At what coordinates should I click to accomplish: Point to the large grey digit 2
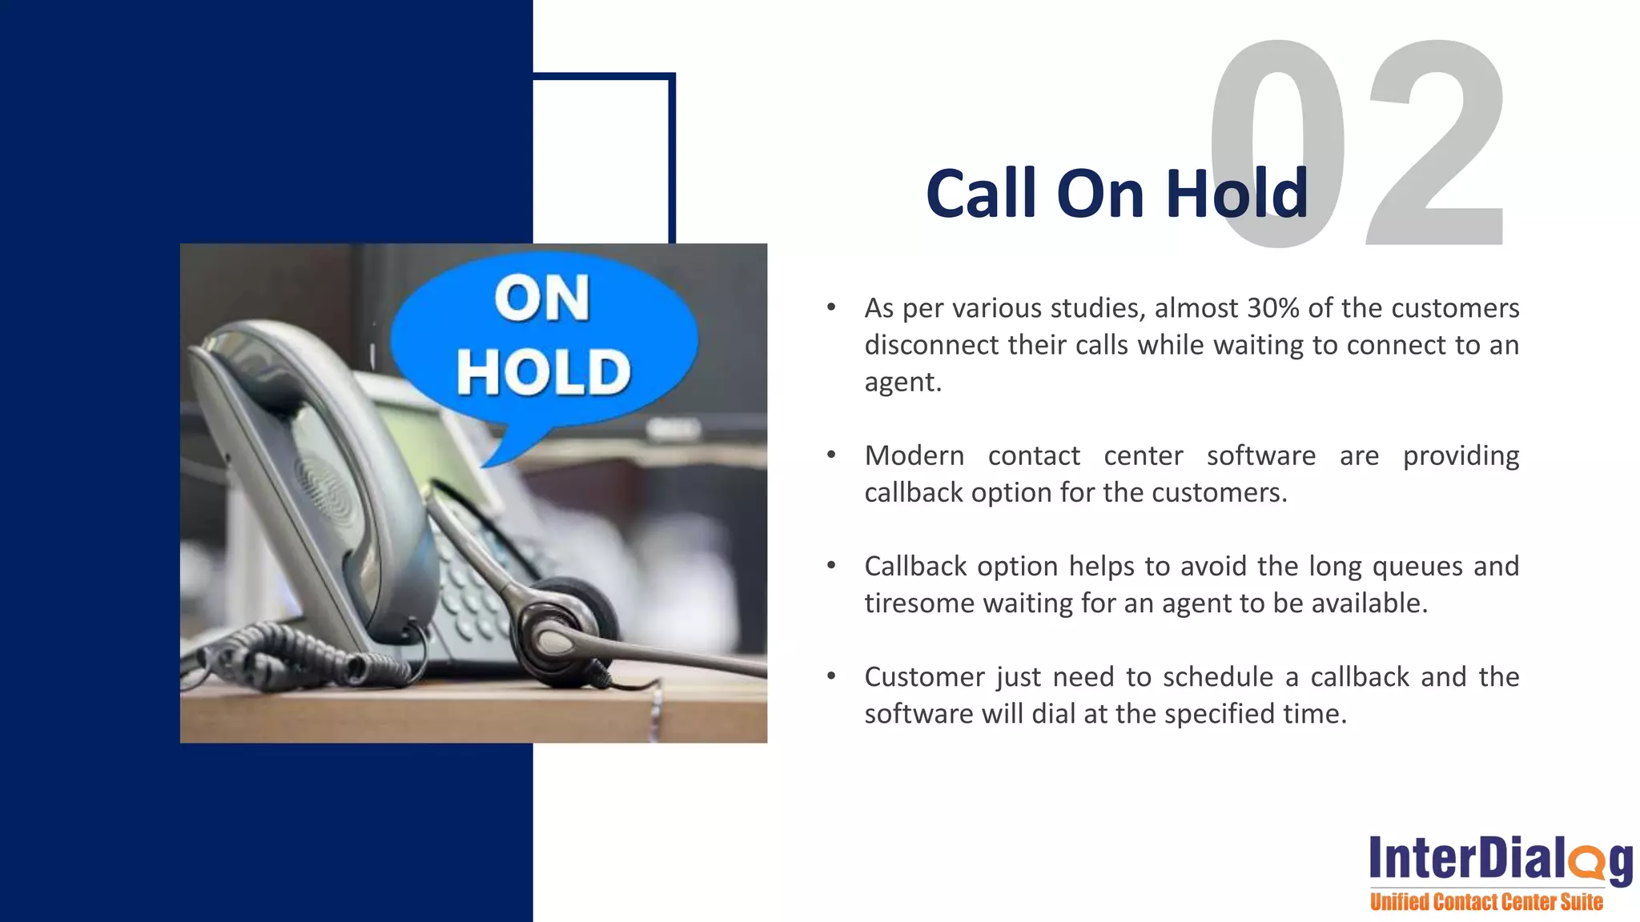tap(1437, 144)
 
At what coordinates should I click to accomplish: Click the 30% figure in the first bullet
tap(1272, 308)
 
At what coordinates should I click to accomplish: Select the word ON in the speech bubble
tap(542, 299)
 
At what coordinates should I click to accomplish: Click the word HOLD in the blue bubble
tap(544, 372)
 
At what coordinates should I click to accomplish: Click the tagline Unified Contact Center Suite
tap(1486, 902)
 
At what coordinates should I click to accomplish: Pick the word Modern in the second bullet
tap(914, 455)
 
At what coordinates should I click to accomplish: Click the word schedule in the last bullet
tap(1217, 677)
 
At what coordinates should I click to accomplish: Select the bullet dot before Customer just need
tap(831, 677)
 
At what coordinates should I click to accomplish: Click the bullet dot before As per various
tap(831, 307)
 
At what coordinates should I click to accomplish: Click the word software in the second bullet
tap(1260, 455)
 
